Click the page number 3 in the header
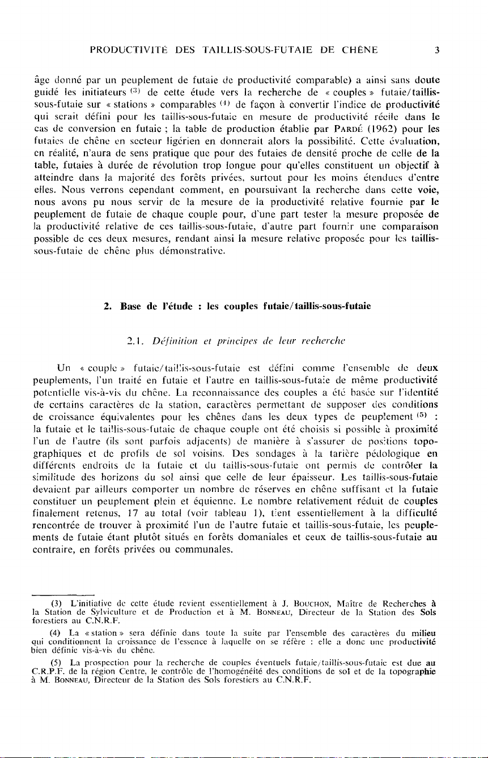pyautogui.click(x=437, y=50)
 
